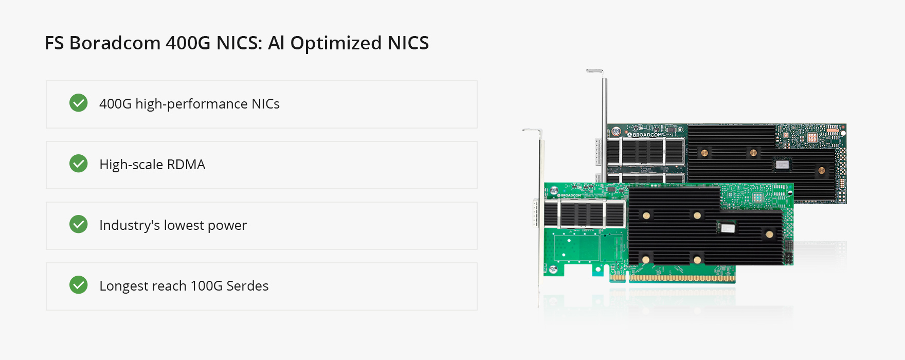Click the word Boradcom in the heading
click(115, 43)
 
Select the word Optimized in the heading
click(336, 43)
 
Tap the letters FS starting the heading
click(54, 43)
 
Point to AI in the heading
click(276, 43)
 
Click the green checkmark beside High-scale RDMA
click(79, 164)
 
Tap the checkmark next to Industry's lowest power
click(79, 224)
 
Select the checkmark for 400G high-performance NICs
click(79, 103)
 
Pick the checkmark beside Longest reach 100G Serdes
click(79, 285)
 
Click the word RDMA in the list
click(186, 165)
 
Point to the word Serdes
click(247, 286)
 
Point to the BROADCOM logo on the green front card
click(570, 195)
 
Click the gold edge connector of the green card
click(674, 278)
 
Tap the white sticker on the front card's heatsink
click(727, 228)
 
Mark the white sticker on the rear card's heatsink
click(782, 165)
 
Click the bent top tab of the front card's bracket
click(532, 131)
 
